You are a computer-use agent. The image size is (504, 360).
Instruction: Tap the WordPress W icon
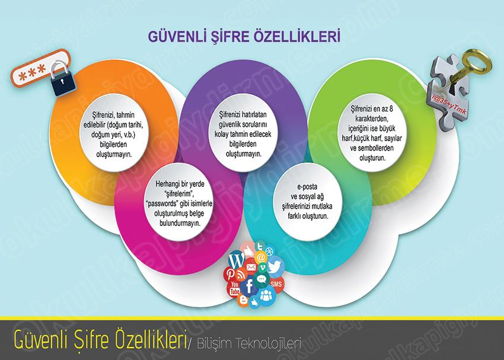(237, 260)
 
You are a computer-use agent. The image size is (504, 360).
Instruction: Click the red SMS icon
(276, 284)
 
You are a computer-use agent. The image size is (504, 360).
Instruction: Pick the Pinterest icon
(230, 273)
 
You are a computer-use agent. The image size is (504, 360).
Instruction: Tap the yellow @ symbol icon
(261, 257)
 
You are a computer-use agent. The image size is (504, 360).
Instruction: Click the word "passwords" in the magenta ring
(162, 203)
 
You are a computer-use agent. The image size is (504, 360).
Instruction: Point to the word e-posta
(307, 186)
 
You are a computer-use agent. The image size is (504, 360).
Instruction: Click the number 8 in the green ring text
(391, 109)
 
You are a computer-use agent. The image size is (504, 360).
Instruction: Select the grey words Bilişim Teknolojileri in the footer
(248, 343)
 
